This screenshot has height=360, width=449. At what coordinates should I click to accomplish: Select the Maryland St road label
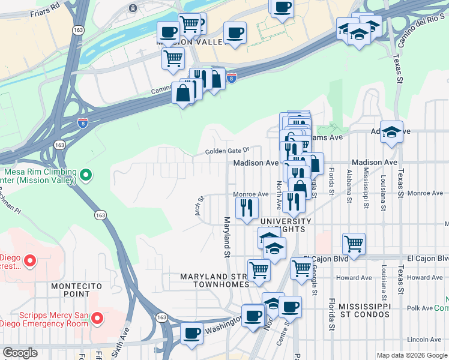tap(228, 237)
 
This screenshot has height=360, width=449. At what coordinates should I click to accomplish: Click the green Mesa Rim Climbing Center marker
tap(86, 175)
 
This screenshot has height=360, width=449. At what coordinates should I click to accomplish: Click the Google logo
tap(20, 353)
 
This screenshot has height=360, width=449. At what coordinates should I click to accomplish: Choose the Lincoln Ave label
tap(424, 340)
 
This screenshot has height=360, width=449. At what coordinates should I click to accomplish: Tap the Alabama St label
tap(349, 184)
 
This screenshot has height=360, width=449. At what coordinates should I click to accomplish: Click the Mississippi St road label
tap(366, 188)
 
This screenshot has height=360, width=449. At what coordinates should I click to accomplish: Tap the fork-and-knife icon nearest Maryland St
tap(247, 207)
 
